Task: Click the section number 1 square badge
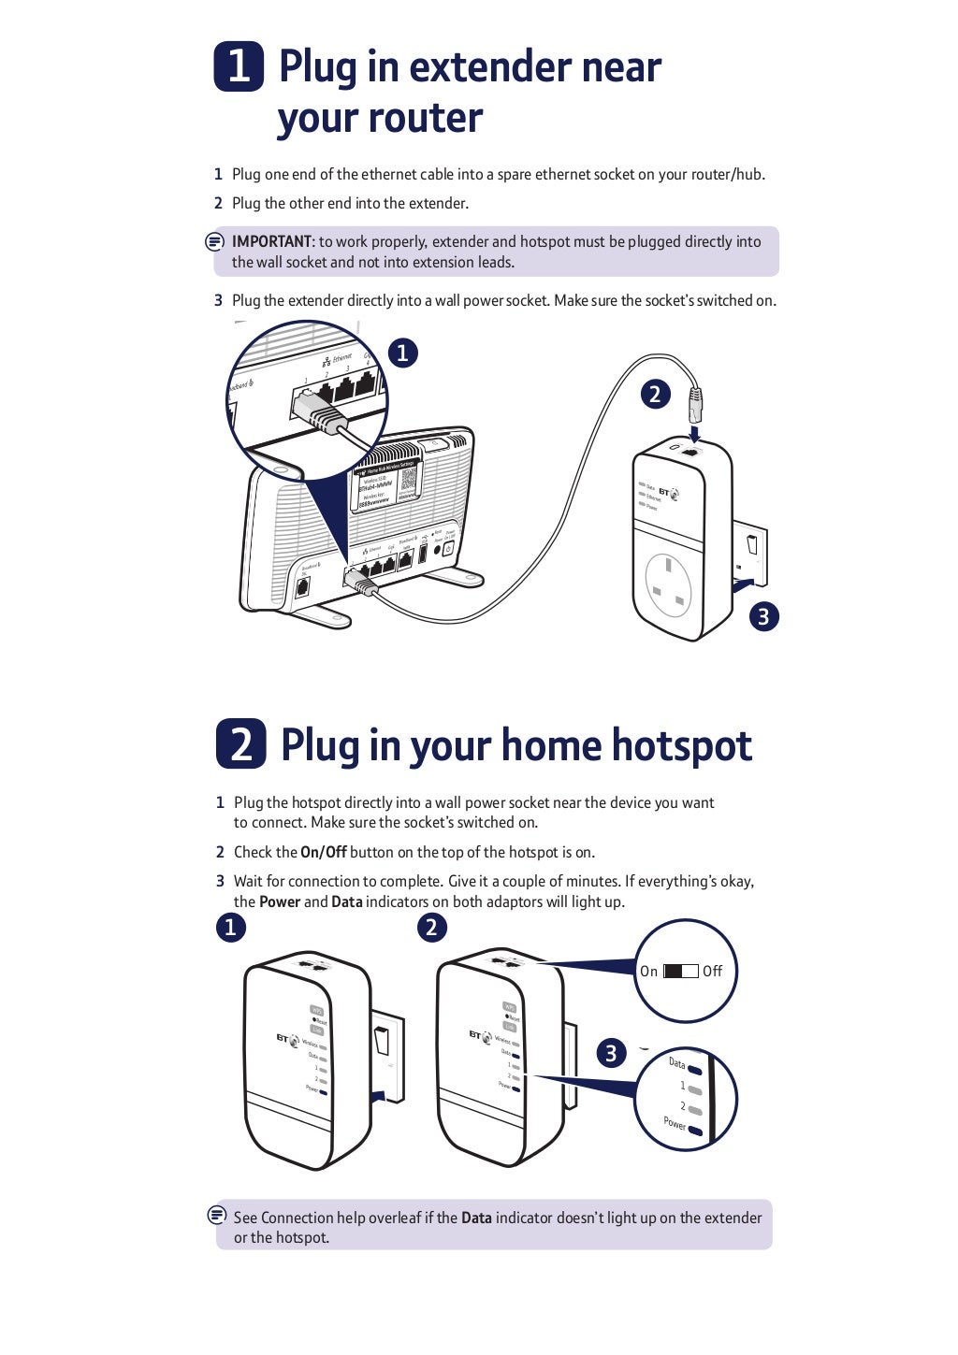pos(239,66)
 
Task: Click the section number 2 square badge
pos(240,744)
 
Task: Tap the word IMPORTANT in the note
pos(271,241)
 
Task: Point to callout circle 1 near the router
pos(402,353)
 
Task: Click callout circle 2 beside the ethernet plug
pos(655,394)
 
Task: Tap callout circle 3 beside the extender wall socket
pos(763,616)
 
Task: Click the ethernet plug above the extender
pos(694,403)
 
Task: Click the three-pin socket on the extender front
pos(669,585)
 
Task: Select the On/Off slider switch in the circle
pos(680,971)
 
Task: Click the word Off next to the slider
pos(712,971)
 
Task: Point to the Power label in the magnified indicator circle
pos(675,1122)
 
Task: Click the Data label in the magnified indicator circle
pos(677,1062)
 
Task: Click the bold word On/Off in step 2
pos(323,852)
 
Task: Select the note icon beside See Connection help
pos(217,1215)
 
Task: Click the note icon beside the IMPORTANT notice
pos(214,241)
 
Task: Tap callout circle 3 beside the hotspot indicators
pos(611,1053)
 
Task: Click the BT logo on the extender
pos(668,492)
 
